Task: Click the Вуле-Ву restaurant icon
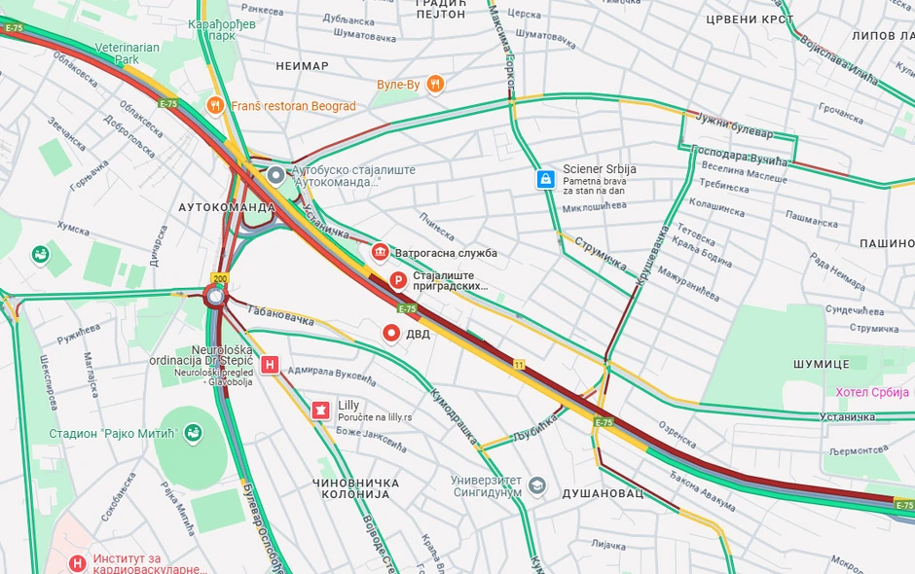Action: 435,85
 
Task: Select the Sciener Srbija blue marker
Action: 546,179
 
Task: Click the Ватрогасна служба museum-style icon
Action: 381,253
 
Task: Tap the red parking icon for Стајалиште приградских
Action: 397,281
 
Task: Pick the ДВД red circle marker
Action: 392,334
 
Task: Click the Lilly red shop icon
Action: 319,411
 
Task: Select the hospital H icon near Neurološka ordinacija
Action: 272,365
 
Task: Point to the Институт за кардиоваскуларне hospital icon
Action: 78,562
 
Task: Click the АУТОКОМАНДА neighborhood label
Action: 227,208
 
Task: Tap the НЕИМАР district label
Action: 302,66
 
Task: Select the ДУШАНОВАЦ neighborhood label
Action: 603,493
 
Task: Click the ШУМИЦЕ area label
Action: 822,363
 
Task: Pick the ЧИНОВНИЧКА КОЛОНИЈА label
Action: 355,490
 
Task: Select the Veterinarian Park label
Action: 127,54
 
